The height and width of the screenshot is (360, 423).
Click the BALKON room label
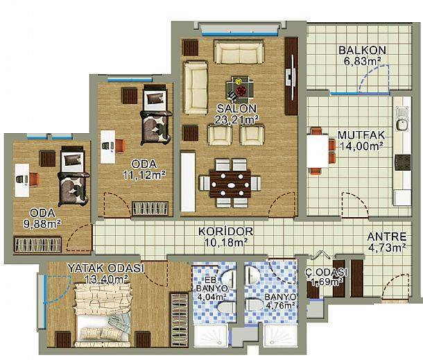pos(362,50)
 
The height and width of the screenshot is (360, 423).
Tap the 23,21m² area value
pos(236,119)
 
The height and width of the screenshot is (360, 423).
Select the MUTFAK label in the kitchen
pos(361,135)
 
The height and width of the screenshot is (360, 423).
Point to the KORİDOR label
pos(226,231)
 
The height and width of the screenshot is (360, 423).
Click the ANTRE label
pos(387,237)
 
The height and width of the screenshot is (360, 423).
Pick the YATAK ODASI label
pos(105,268)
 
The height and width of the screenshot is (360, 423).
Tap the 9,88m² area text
pos(42,224)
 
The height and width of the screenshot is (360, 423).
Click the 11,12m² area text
pos(144,175)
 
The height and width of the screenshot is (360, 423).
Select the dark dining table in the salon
pos(230,185)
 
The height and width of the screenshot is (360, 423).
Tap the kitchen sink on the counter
pos(402,119)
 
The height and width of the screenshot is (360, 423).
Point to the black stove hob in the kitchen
pos(402,162)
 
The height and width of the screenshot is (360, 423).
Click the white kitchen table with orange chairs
pos(318,151)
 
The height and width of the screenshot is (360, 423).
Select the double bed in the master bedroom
pos(102,315)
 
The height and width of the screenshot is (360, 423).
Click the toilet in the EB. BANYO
pos(227,308)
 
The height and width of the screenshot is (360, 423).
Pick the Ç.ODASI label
pos(326,272)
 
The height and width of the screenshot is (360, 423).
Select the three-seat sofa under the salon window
pos(239,52)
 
